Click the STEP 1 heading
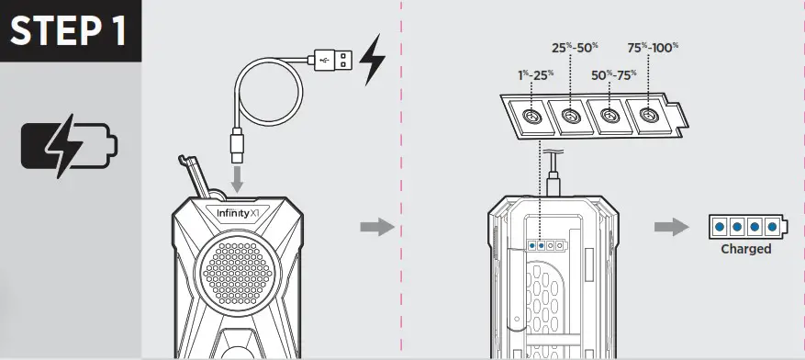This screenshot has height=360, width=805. [x=71, y=30]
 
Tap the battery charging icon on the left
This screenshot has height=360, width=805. [x=70, y=147]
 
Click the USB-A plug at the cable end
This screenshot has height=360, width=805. [x=331, y=59]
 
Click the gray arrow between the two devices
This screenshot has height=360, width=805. [x=375, y=226]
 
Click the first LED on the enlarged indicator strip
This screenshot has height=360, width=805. [x=529, y=118]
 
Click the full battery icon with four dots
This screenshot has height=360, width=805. [x=747, y=225]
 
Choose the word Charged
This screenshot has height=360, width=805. [x=745, y=249]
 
